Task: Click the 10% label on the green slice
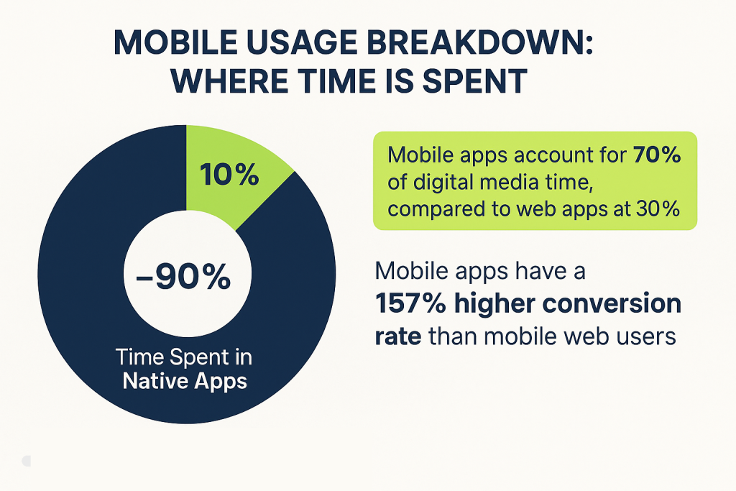click(229, 175)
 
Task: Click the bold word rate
click(397, 336)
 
